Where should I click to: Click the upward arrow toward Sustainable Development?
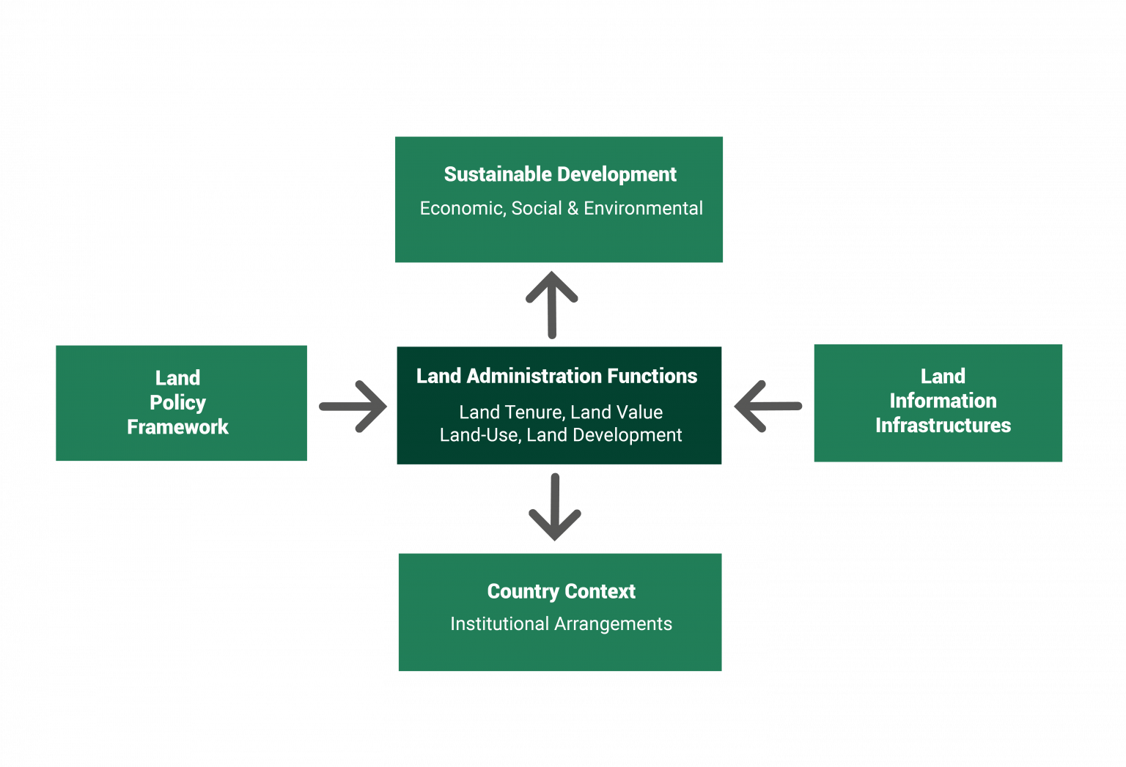point(552,305)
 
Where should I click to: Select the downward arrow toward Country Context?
point(555,507)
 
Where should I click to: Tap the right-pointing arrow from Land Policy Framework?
point(353,406)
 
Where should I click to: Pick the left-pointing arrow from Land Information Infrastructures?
point(768,406)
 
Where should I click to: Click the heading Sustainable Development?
point(560,174)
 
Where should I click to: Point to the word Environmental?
point(643,209)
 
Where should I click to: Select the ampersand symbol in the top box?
point(573,209)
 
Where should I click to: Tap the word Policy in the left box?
point(177,403)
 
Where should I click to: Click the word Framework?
point(177,427)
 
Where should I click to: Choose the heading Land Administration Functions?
point(556,377)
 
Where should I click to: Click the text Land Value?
point(617,412)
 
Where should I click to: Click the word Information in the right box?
point(943,401)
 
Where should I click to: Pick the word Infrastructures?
point(943,426)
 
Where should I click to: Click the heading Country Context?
point(561,591)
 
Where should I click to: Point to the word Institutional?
point(499,624)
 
